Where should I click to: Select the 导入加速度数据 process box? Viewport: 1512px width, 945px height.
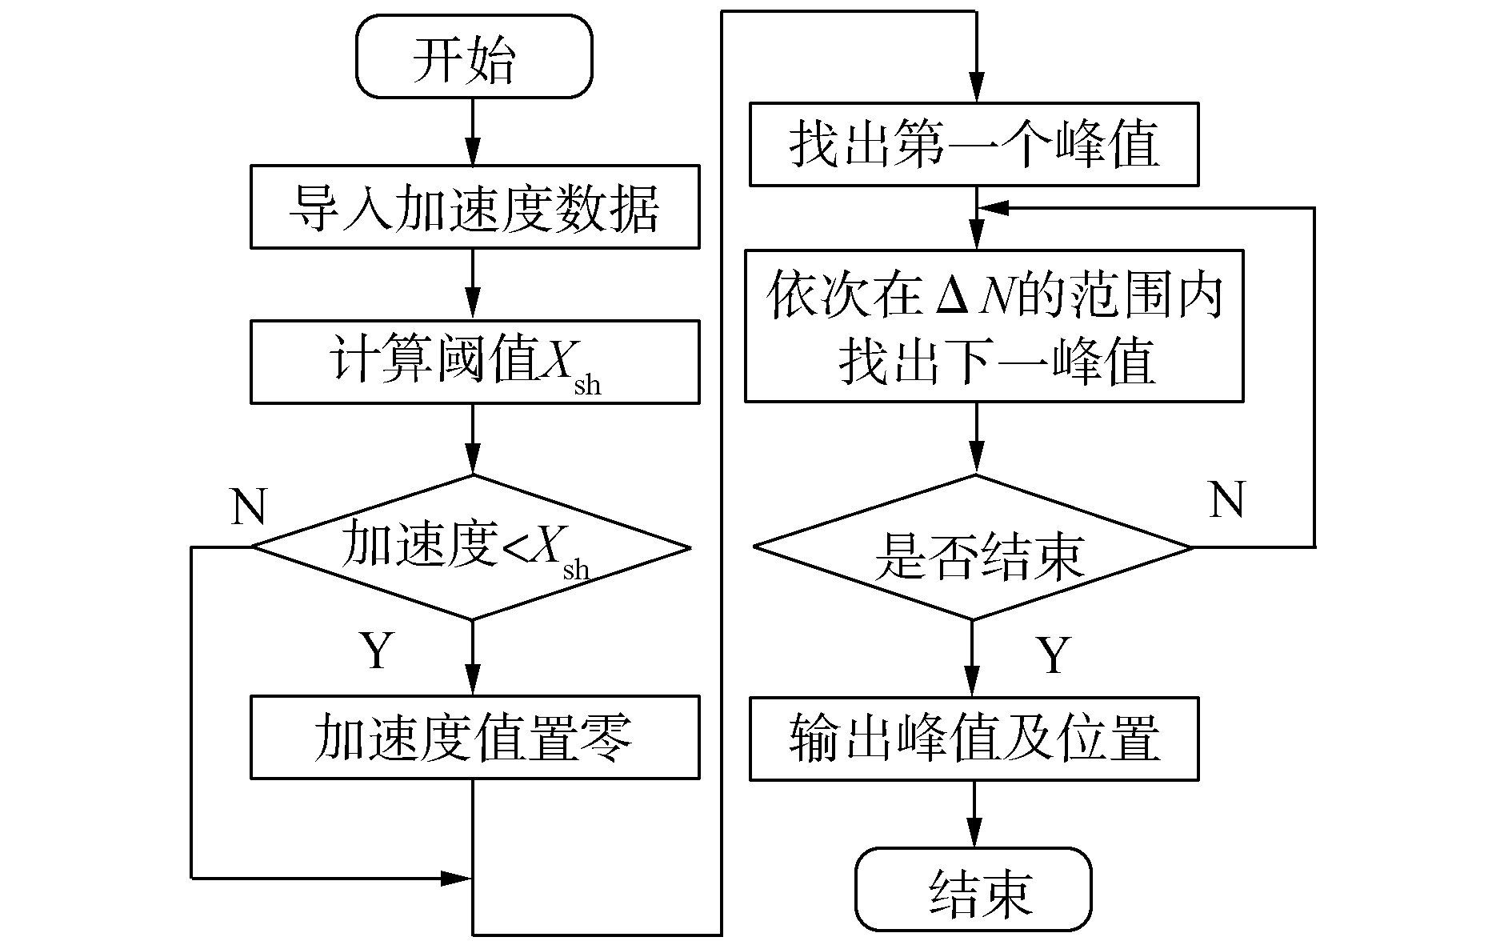pyautogui.click(x=474, y=207)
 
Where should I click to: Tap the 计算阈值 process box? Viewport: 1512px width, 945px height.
pyautogui.click(x=474, y=362)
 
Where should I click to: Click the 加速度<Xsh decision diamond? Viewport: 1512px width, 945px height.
pyautogui.click(x=472, y=547)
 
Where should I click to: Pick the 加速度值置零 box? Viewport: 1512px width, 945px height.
pyautogui.click(x=474, y=737)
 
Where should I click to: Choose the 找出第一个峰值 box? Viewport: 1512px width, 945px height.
pyautogui.click(x=974, y=144)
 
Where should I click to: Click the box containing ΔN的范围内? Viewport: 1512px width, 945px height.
pyautogui.click(x=994, y=326)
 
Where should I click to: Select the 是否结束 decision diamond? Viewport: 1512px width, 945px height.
pyautogui.click(x=974, y=547)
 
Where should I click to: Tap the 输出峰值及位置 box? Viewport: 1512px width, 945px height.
pyautogui.click(x=974, y=739)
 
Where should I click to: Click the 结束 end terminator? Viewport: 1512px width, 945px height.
pyautogui.click(x=974, y=889)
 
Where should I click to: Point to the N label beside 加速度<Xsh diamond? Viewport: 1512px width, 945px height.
pyautogui.click(x=248, y=507)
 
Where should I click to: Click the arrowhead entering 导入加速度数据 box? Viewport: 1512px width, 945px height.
pyautogui.click(x=473, y=154)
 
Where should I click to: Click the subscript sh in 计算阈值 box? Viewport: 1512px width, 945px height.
pyautogui.click(x=587, y=386)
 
